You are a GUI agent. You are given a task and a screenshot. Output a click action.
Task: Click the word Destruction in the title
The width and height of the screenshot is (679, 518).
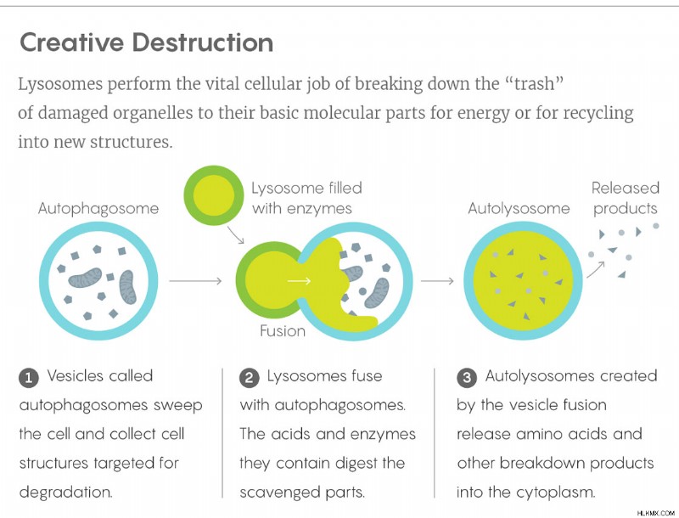point(203,42)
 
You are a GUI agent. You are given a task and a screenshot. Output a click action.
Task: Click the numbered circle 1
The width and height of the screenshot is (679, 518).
point(29,378)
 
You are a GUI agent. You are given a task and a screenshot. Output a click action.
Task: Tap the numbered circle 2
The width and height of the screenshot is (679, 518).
point(249,378)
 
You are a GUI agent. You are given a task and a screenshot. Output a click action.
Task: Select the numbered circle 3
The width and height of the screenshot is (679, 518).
point(466,378)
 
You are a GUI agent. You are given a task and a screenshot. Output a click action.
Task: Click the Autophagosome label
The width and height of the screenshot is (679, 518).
point(98,209)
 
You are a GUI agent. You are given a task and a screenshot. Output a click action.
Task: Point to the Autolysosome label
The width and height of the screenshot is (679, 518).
point(519,209)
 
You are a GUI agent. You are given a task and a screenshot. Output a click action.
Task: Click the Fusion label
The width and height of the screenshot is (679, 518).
point(283,331)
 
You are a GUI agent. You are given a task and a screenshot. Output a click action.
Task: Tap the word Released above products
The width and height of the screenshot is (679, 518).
point(626,188)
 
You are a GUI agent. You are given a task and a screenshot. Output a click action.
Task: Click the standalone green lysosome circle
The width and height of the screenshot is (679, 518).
point(214,195)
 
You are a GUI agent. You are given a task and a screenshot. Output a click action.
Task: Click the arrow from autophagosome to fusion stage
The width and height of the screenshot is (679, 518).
point(195,281)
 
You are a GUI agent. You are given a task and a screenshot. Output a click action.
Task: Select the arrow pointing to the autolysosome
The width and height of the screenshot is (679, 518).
point(437,281)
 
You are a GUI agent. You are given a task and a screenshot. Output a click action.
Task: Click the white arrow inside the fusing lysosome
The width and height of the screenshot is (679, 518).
point(300,281)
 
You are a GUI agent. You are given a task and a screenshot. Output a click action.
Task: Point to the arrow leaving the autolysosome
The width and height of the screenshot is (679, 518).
point(596,269)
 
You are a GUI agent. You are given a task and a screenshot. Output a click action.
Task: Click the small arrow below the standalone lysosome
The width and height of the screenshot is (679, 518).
point(236,234)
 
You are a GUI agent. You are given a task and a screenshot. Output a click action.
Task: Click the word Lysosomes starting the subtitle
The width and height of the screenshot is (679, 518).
point(60,84)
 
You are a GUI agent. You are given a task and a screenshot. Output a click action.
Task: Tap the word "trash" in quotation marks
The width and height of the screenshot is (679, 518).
point(535,83)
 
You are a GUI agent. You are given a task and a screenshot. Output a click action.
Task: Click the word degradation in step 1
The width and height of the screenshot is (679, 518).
point(66,493)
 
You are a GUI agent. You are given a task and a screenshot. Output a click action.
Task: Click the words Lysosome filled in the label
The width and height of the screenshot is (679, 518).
point(306,188)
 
